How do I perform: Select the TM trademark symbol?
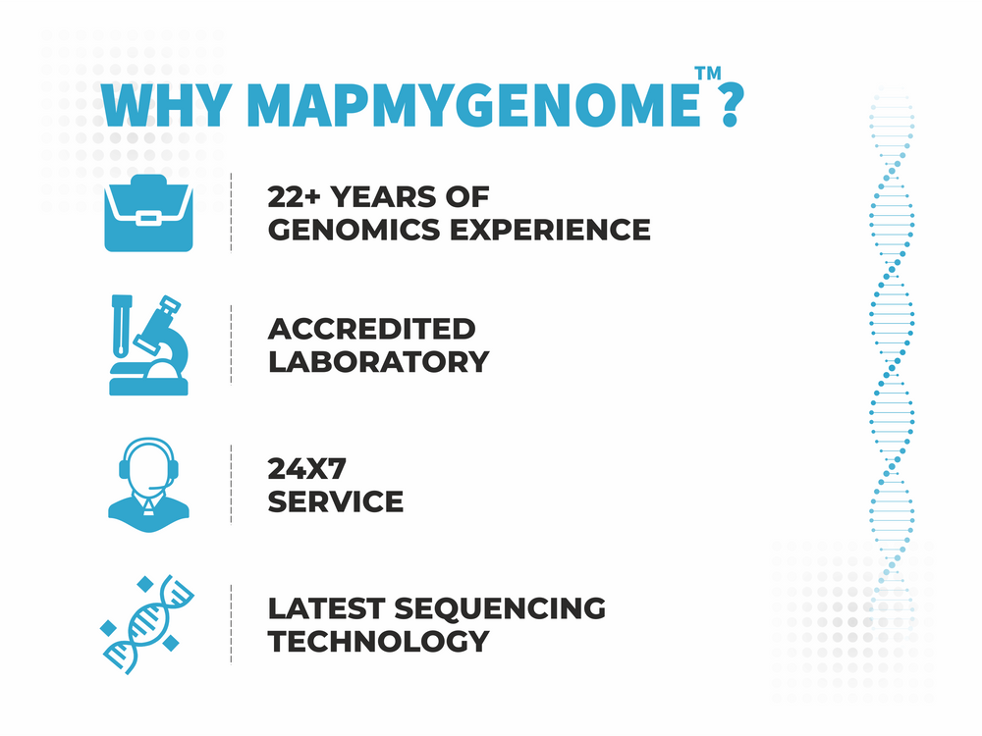706,74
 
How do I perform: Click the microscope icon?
146,344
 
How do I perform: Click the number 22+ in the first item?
294,196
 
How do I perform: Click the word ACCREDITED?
371,328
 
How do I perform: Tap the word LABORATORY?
378,361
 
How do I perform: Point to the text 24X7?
304,468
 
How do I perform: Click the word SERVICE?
335,501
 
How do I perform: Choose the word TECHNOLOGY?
378,641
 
